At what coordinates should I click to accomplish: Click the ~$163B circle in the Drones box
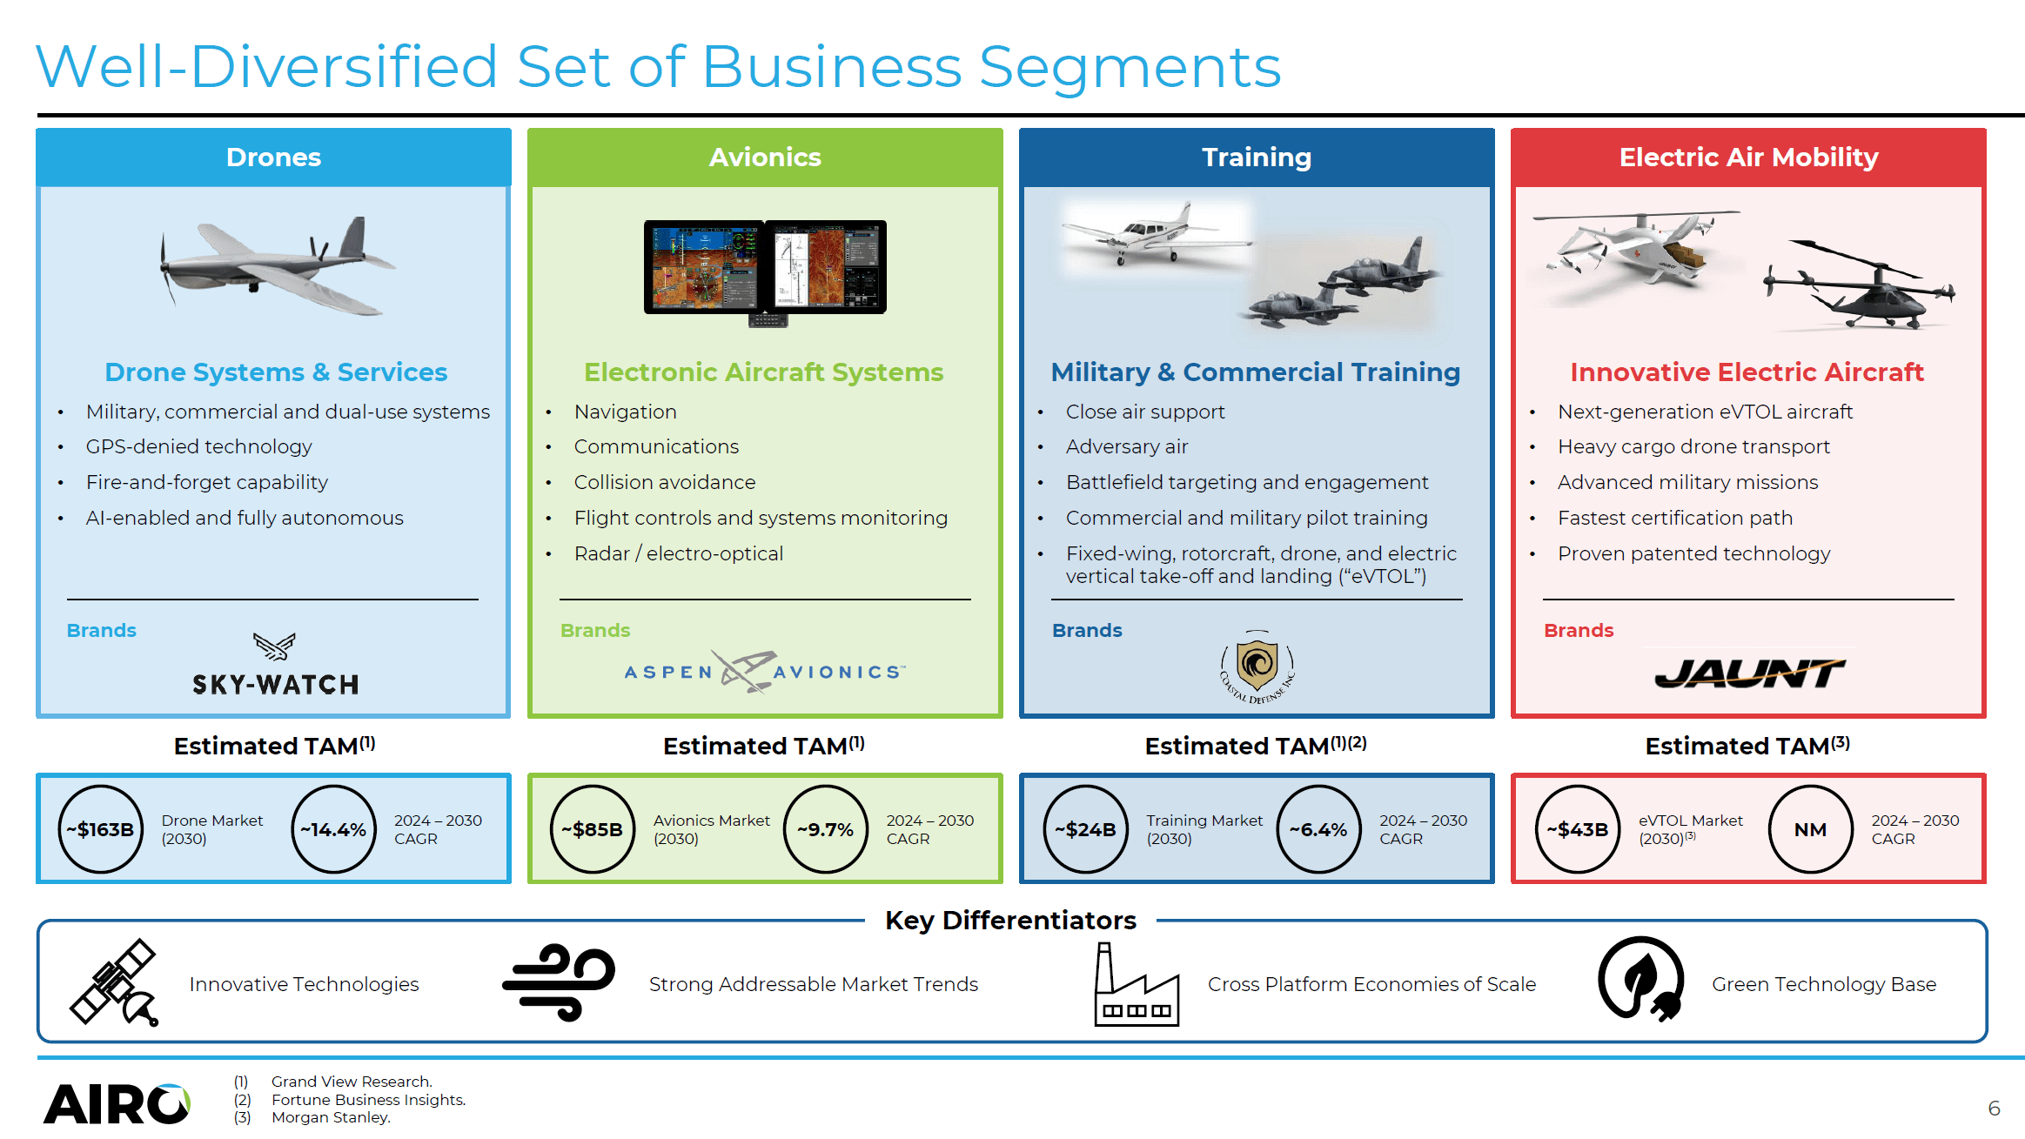click(x=100, y=828)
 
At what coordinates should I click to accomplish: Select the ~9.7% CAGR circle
click(x=825, y=828)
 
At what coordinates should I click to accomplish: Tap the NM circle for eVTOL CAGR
click(x=1810, y=828)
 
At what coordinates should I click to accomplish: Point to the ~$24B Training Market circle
click(x=1085, y=828)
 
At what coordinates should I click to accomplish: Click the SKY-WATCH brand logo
click(x=275, y=666)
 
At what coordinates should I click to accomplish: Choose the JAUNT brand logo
click(x=1749, y=673)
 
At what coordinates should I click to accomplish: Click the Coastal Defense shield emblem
click(x=1257, y=667)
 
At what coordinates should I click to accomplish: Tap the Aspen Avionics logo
click(x=764, y=671)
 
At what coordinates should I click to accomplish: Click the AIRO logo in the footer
click(x=117, y=1104)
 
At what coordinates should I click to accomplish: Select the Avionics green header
click(x=764, y=157)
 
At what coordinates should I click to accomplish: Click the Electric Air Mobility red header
click(x=1747, y=157)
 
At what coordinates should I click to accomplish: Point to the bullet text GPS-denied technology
click(x=198, y=446)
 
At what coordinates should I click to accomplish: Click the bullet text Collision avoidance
click(x=664, y=482)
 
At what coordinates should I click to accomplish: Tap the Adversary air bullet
click(x=1126, y=446)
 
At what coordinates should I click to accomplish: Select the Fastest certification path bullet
click(x=1674, y=518)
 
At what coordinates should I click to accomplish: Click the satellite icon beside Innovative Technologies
click(x=114, y=982)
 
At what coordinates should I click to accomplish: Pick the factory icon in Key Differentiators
click(x=1136, y=985)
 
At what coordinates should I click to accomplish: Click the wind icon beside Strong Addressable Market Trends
click(x=558, y=982)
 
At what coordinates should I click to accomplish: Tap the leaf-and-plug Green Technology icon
click(x=1640, y=979)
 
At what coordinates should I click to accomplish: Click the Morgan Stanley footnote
click(x=330, y=1117)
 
